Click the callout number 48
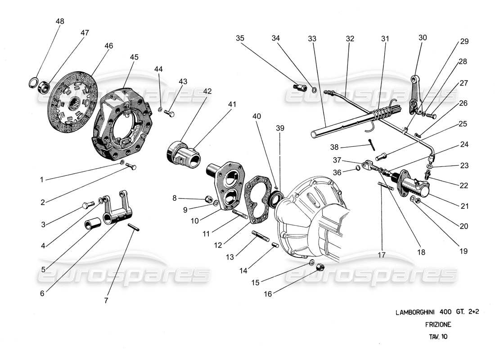coord(60,22)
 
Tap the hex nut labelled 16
coord(321,267)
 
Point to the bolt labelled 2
coord(132,167)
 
